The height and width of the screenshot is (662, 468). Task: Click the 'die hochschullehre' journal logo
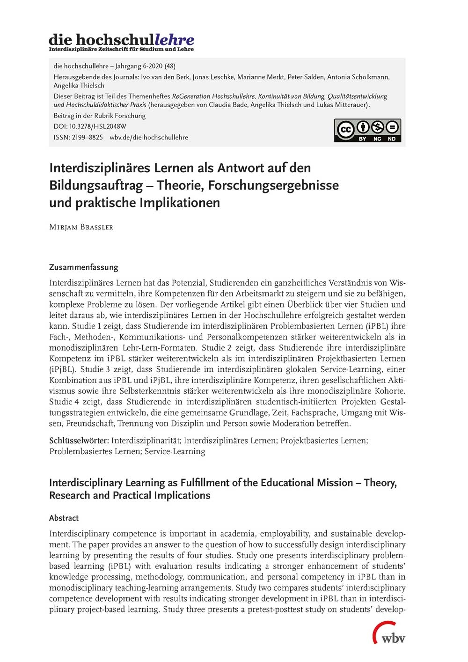click(121, 40)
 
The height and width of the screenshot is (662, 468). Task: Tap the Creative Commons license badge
click(367, 130)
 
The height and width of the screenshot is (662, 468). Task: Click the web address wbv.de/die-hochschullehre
click(149, 137)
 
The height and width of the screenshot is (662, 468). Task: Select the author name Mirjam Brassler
click(81, 227)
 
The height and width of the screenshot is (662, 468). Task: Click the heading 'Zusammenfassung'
click(83, 267)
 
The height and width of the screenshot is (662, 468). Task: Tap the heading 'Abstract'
click(64, 518)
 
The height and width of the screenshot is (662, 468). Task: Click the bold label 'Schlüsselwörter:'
click(79, 441)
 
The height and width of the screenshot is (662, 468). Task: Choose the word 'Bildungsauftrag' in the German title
click(96, 185)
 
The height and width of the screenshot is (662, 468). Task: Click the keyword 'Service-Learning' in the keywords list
click(175, 451)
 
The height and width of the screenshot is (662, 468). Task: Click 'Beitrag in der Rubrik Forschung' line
click(100, 116)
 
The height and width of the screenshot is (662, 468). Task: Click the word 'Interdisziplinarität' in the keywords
click(146, 441)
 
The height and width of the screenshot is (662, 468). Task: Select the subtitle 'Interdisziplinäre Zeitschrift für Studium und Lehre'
click(121, 49)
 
